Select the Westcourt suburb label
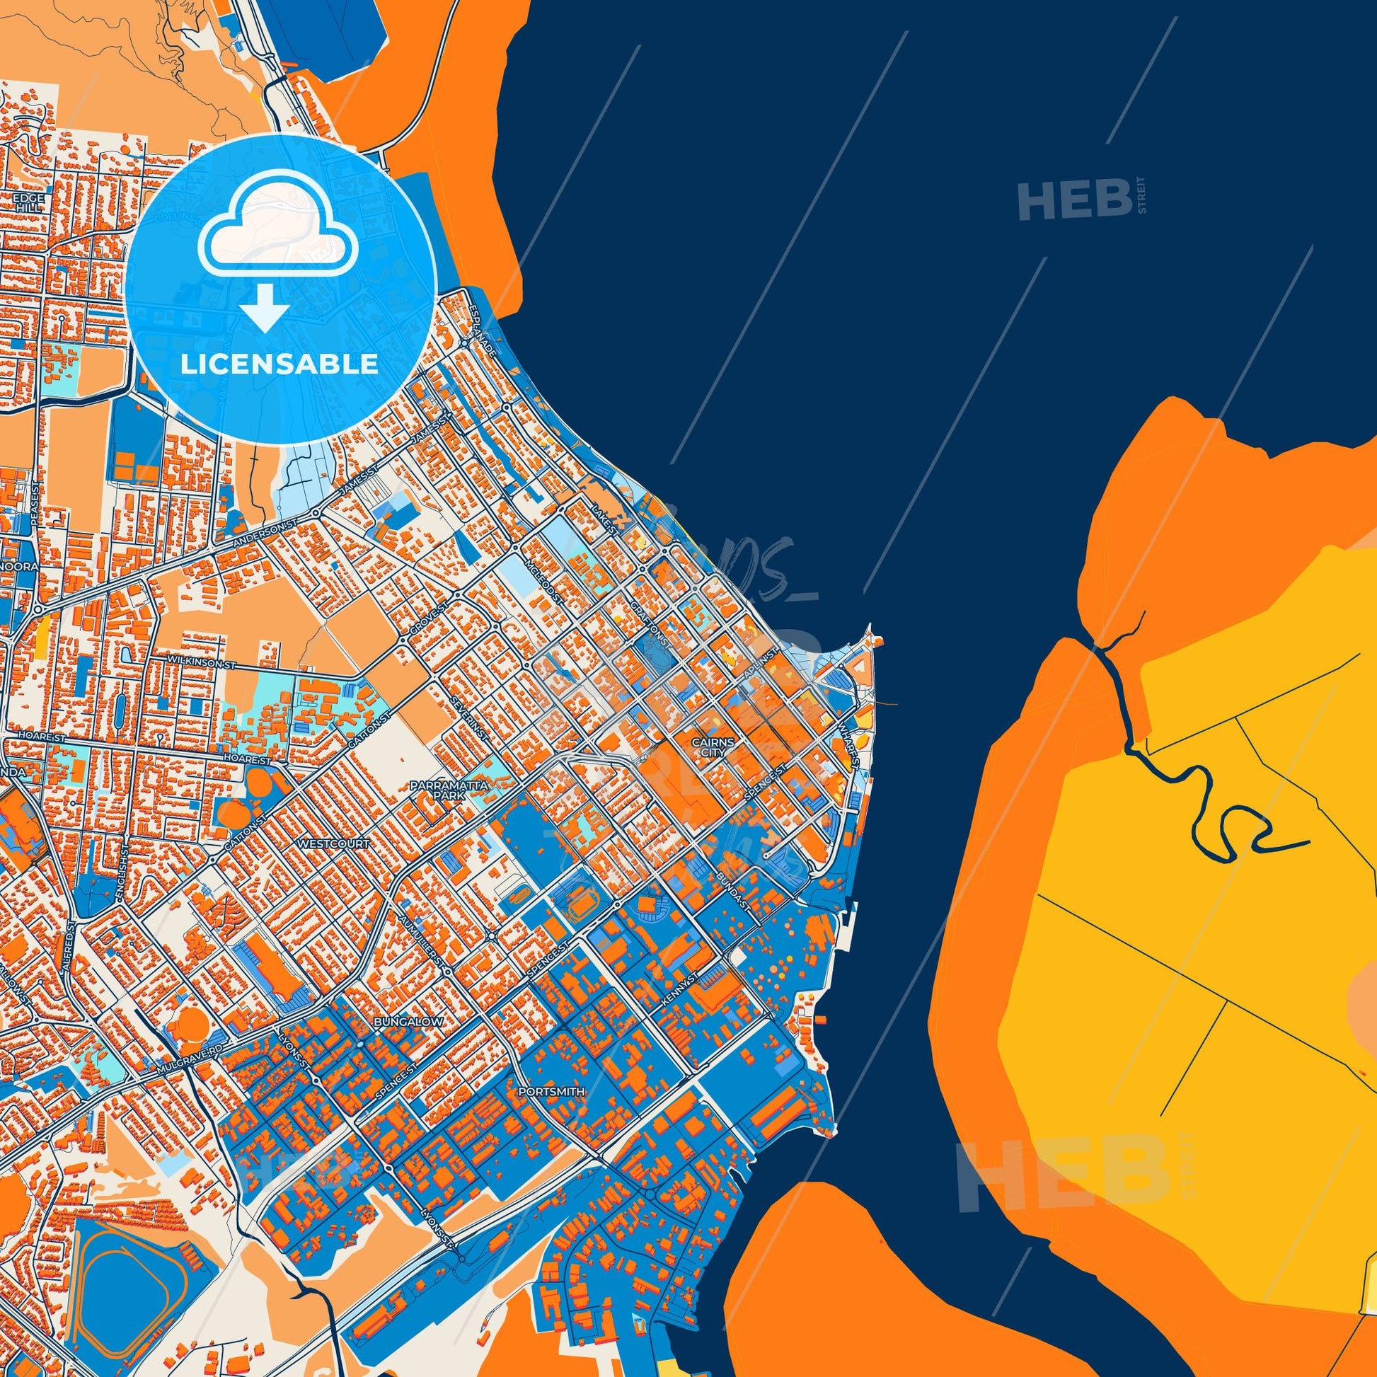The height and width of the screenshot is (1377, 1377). click(x=335, y=844)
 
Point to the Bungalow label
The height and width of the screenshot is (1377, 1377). click(x=408, y=1022)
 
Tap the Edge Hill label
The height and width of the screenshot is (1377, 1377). click(x=29, y=202)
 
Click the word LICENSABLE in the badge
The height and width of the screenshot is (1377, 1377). click(x=280, y=364)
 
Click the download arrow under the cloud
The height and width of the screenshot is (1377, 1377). click(x=264, y=309)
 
